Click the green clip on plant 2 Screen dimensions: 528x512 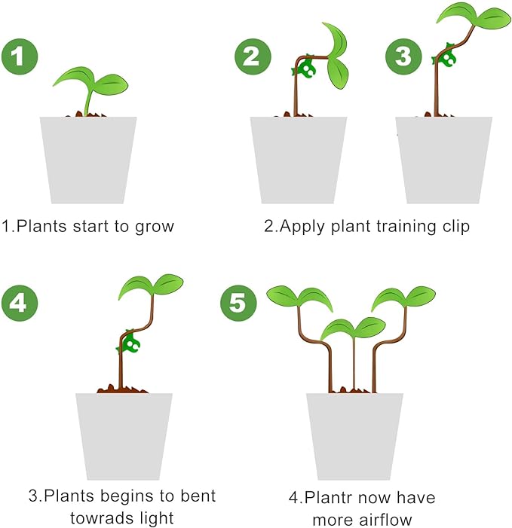[x=306, y=70]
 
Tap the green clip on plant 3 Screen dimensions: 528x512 [x=447, y=57]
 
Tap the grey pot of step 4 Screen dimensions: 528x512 [x=124, y=435]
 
